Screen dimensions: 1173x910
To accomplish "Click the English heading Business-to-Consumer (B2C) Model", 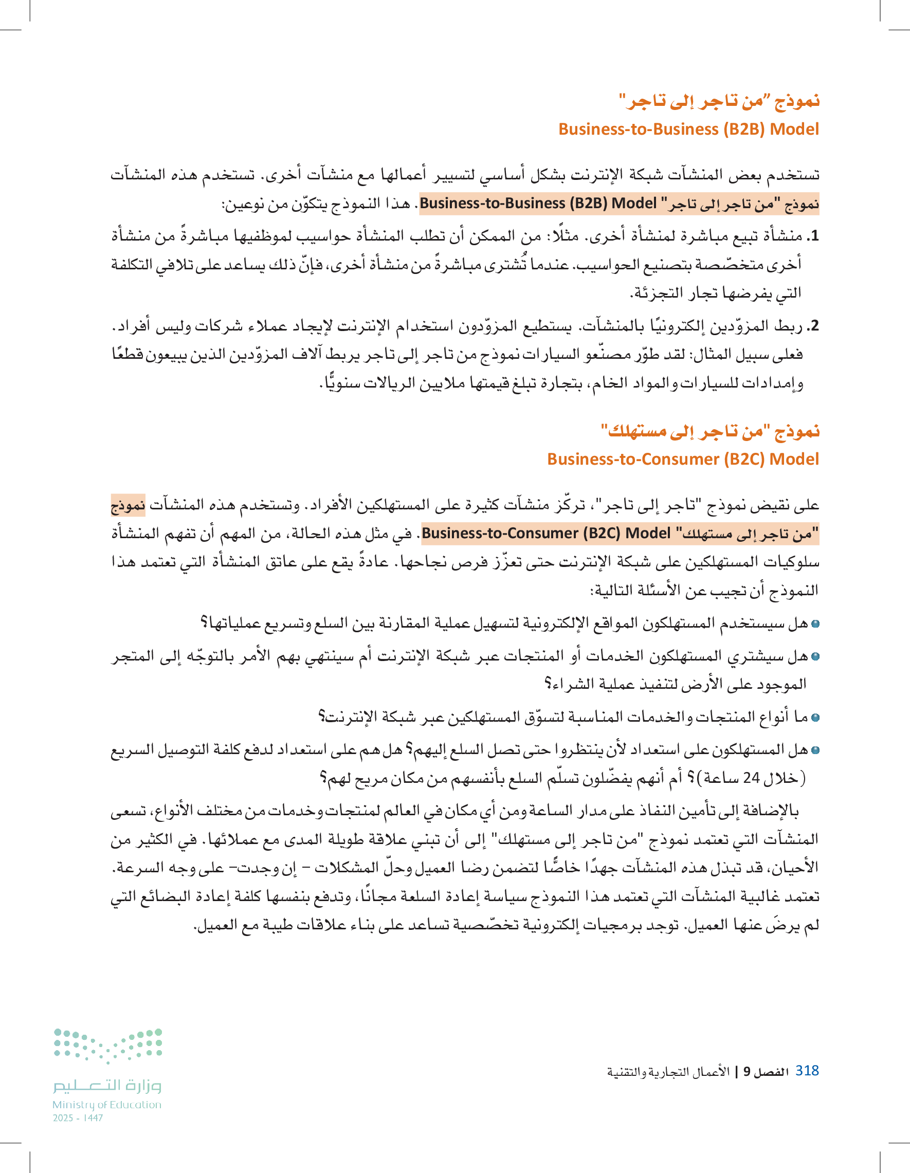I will (x=683, y=459).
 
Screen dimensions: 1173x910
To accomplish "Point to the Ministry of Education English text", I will (x=107, y=1105).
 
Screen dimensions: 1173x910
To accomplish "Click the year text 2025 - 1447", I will (x=78, y=1117).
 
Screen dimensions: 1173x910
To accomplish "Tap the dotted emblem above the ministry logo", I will (x=108, y=1045).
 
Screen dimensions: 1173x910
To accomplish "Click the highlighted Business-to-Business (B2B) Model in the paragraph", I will (x=538, y=204).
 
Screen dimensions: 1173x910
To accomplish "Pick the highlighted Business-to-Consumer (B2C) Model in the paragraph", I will (x=546, y=534).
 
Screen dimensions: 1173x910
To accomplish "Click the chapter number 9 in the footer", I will (x=747, y=1072).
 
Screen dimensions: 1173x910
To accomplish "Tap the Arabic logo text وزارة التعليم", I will (x=107, y=1086).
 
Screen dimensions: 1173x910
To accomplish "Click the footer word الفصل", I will (x=770, y=1072).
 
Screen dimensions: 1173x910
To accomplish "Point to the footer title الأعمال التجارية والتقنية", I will (x=668, y=1072).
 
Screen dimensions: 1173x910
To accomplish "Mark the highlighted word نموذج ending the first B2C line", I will (x=128, y=505).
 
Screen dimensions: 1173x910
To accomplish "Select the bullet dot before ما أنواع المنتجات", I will (x=815, y=718).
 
